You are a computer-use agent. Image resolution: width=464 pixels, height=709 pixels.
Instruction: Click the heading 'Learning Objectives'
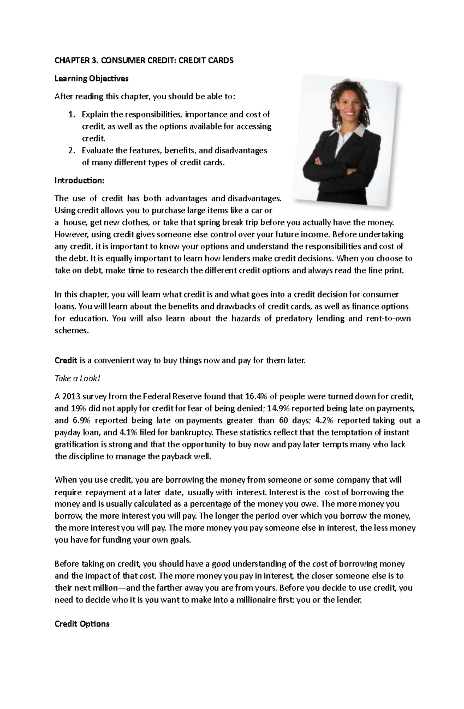(x=91, y=78)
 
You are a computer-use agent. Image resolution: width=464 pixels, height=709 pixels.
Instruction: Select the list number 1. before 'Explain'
(x=71, y=114)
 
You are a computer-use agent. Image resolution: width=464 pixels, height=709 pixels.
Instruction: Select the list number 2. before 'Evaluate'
(x=71, y=150)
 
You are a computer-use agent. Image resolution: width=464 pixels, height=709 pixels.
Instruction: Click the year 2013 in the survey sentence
(x=73, y=396)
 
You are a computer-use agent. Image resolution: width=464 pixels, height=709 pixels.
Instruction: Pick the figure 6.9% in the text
(x=80, y=420)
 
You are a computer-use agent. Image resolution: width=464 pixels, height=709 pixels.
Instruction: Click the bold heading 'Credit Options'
(x=82, y=624)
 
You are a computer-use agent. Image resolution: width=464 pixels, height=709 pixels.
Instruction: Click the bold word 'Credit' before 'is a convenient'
(x=66, y=360)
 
